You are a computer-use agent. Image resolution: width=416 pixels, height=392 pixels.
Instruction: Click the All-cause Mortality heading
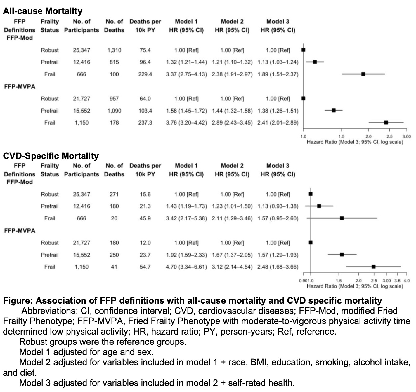click(x=43, y=11)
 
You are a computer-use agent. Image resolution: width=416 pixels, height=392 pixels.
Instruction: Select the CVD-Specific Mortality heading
click(x=51, y=156)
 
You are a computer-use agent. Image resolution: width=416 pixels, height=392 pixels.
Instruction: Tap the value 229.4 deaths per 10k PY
click(x=145, y=74)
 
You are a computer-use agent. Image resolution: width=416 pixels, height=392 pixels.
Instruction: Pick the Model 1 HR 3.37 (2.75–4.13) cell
click(x=186, y=74)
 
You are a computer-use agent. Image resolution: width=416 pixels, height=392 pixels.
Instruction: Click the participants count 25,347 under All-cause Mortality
click(x=82, y=50)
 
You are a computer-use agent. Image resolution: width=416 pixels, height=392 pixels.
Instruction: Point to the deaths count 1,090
click(x=114, y=111)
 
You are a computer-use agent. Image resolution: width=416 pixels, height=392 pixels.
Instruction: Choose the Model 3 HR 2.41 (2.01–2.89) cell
click(x=278, y=123)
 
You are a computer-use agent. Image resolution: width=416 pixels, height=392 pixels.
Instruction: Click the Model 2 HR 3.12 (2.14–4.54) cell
click(x=232, y=267)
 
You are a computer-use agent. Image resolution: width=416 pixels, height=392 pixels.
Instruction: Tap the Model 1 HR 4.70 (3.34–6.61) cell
click(x=186, y=267)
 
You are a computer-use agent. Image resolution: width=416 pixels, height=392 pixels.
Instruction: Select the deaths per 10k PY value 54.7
click(x=145, y=267)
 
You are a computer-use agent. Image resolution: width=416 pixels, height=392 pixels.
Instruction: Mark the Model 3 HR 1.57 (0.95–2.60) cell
click(x=278, y=218)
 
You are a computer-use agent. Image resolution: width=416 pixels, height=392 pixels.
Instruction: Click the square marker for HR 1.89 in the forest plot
click(x=363, y=74)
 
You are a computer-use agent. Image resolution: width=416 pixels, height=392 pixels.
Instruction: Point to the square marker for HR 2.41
click(x=386, y=123)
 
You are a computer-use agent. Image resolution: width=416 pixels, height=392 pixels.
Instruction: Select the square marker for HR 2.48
click(x=373, y=267)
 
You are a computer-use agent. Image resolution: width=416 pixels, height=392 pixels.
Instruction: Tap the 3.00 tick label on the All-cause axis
click(x=406, y=136)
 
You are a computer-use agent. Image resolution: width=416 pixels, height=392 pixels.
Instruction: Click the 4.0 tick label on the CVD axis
click(x=406, y=281)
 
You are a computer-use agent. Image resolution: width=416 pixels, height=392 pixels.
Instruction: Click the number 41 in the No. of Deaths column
click(x=114, y=267)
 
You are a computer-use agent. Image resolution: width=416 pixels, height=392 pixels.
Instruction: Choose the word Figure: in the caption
click(x=18, y=301)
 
